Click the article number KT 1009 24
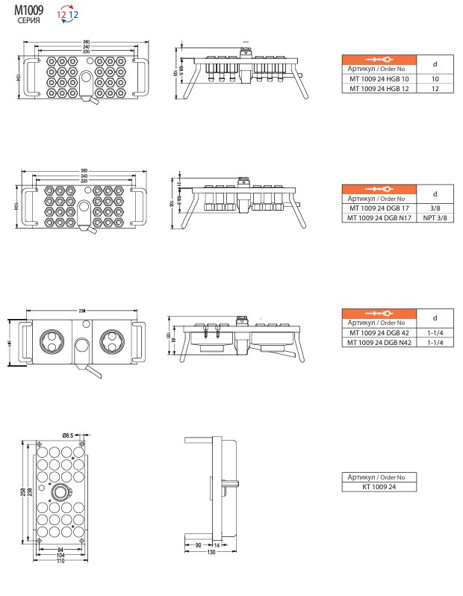click(379, 486)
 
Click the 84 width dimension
click(60, 550)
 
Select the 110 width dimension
click(60, 561)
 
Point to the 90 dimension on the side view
click(197, 546)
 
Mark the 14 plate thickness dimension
click(217, 546)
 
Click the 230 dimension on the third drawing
click(81, 311)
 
